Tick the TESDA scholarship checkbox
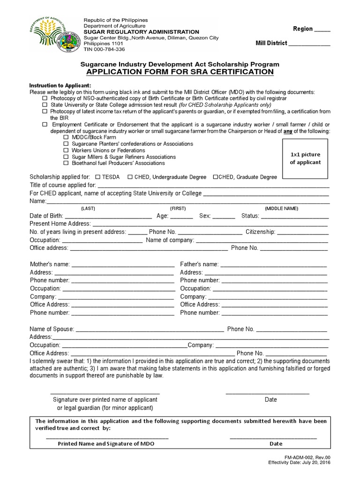(97, 177)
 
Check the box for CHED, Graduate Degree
(216, 177)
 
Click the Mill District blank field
(309, 44)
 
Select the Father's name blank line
(274, 265)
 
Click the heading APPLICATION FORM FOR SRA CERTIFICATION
(180, 72)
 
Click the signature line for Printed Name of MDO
(107, 437)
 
